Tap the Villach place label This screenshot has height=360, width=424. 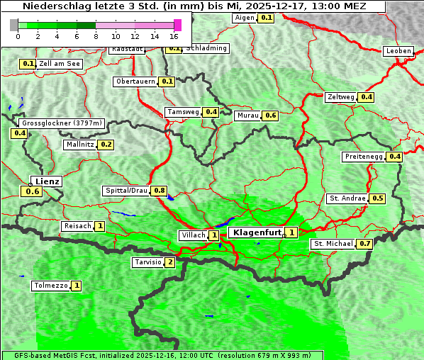[x=193, y=235]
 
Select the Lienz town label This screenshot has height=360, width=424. [x=46, y=181]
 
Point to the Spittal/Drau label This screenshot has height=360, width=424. [x=126, y=191]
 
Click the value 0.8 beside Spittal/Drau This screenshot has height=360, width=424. [x=160, y=191]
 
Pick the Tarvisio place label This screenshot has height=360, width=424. [x=147, y=262]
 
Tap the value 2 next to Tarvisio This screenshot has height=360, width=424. [x=169, y=262]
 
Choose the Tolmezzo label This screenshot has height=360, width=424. [x=50, y=286]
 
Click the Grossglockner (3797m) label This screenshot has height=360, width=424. [x=62, y=123]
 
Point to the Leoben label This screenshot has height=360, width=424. [x=398, y=51]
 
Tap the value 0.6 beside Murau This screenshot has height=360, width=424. [x=270, y=115]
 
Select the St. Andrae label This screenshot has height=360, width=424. [x=347, y=198]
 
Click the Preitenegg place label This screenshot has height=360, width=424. [x=363, y=157]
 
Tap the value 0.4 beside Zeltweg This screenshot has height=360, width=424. [x=367, y=97]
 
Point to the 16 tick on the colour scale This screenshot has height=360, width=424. [x=174, y=36]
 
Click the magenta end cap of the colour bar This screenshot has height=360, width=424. [x=177, y=25]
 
